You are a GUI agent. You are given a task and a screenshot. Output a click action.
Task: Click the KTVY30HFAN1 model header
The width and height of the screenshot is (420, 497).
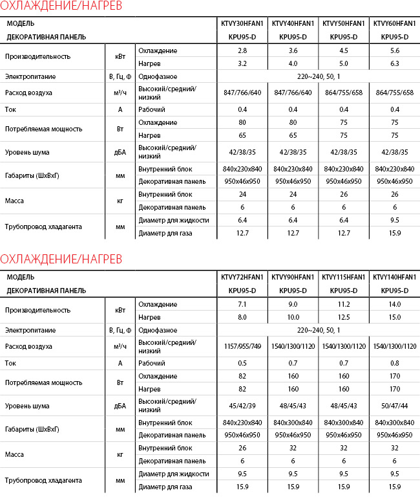coord(242,23)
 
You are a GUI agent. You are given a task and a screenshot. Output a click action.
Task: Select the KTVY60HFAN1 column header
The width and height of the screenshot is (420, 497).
coord(394,23)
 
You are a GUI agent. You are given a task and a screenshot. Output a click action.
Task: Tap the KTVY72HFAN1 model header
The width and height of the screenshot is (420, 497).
coord(242,277)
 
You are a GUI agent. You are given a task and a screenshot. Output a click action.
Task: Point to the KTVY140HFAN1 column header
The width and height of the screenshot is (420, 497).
coord(394,277)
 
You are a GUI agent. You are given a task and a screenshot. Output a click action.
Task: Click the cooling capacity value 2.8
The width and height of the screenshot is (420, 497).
coord(242,50)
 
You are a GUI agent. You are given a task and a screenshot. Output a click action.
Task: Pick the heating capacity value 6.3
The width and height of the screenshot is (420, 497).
coord(394,63)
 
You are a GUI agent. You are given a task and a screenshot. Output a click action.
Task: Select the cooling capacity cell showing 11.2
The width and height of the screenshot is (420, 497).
coord(344,304)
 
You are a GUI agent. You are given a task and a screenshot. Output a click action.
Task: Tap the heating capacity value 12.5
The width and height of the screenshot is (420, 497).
coord(344,317)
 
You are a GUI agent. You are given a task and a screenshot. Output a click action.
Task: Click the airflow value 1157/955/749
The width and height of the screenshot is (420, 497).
coord(242,346)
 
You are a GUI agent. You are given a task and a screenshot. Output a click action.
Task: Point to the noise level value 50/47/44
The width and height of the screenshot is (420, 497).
coord(394,406)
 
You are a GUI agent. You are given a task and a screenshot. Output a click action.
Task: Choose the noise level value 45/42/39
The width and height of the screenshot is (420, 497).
coord(242,406)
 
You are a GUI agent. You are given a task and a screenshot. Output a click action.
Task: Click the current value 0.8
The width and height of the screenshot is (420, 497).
coord(394,363)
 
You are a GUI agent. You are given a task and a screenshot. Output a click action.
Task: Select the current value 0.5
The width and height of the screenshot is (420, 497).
coord(242,363)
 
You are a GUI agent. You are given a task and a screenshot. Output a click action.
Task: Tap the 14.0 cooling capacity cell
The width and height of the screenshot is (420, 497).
coord(394,304)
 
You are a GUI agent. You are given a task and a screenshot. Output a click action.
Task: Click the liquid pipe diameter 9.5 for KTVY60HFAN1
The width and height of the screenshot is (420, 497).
coord(394,220)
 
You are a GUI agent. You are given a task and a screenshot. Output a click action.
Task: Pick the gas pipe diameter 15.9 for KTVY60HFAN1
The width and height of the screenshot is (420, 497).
coord(394,233)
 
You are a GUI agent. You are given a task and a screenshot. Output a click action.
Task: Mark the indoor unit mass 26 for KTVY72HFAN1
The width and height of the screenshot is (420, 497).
coord(242,447)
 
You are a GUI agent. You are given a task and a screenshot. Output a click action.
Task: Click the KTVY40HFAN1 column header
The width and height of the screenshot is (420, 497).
coord(293,23)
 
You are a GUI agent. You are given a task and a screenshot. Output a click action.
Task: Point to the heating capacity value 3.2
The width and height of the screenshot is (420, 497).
coord(242,63)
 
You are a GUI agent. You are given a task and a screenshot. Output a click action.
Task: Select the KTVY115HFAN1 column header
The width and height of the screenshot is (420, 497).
coord(344,277)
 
